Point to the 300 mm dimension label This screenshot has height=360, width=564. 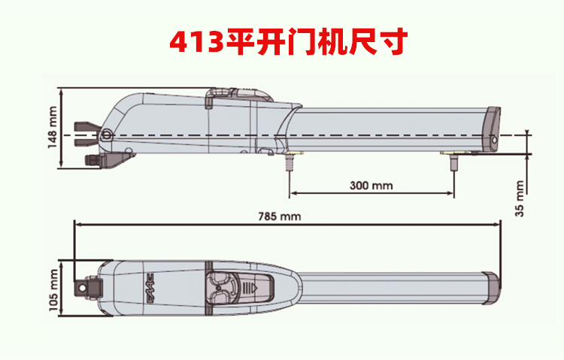point(371,185)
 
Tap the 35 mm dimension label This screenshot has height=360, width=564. point(519,198)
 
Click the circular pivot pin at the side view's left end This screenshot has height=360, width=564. point(107,135)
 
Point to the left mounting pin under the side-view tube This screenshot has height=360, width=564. point(289,159)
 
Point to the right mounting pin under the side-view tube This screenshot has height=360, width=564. point(453,159)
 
